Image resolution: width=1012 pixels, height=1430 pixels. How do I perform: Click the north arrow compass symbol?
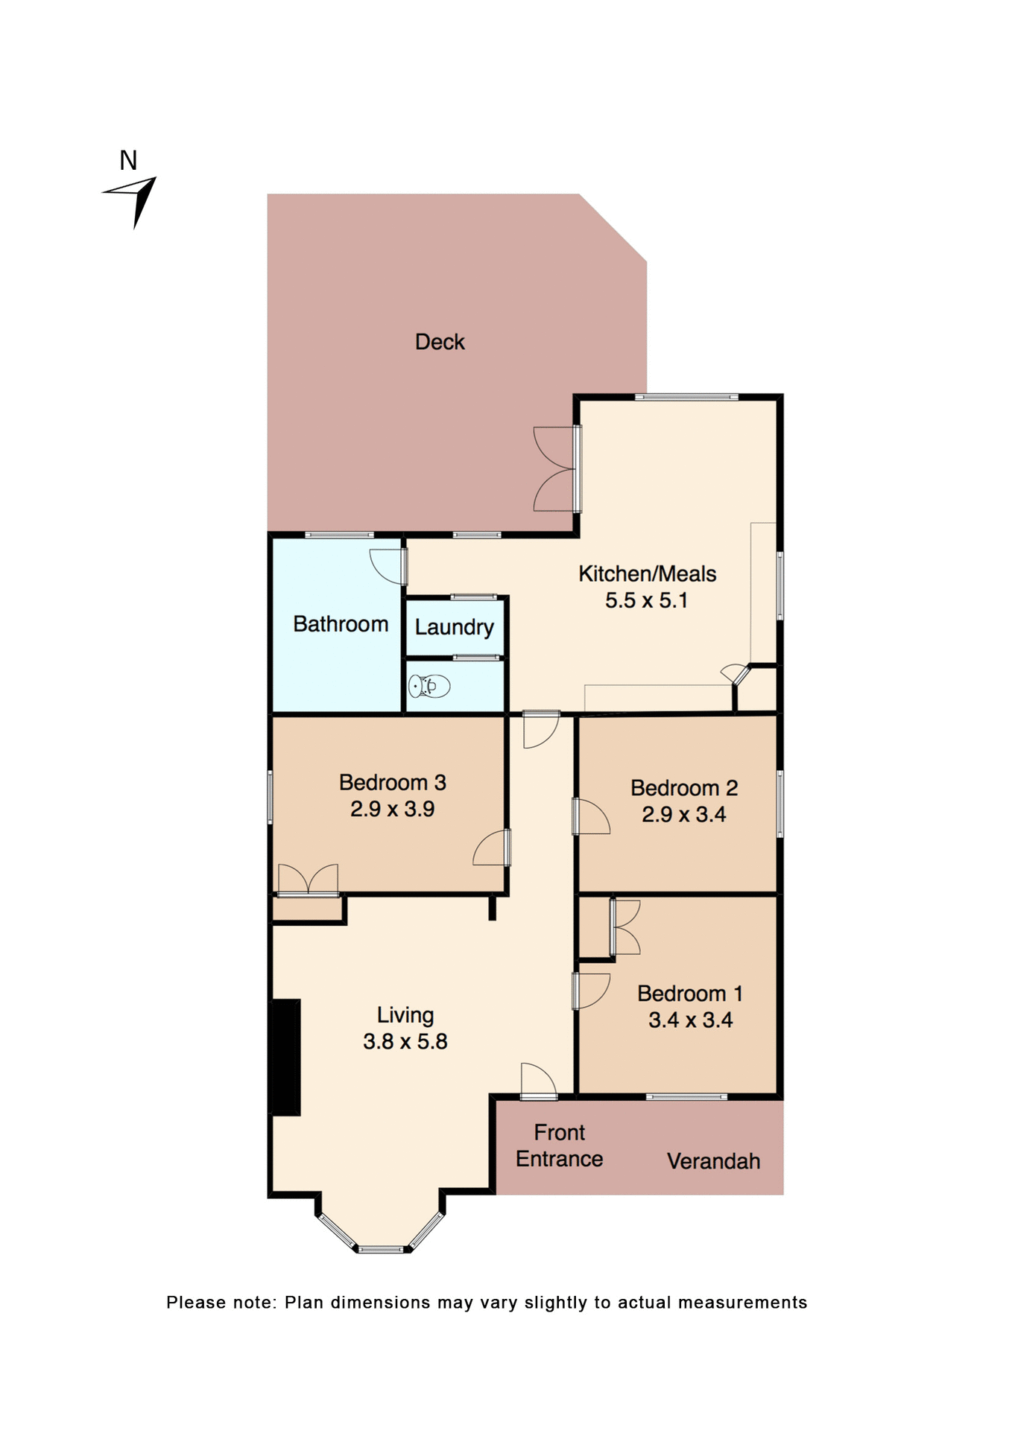[134, 200]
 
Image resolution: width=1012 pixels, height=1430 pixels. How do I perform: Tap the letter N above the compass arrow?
[128, 161]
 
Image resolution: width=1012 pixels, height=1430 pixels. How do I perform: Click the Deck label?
[440, 342]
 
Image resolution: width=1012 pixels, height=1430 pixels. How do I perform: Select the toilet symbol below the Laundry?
[430, 686]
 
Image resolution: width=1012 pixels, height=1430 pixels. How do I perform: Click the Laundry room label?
[454, 627]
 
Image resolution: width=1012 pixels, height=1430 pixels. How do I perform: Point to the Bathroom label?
[341, 624]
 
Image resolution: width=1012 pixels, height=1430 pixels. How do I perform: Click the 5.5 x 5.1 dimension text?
[646, 600]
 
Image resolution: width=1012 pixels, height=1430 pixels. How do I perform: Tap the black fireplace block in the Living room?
[285, 1057]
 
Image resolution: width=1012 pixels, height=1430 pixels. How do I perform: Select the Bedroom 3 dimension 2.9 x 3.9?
[392, 809]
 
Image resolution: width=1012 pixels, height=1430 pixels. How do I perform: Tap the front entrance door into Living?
[538, 1081]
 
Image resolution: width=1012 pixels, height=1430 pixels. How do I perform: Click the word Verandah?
[713, 1161]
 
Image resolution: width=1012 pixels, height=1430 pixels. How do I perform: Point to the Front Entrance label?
[559, 1145]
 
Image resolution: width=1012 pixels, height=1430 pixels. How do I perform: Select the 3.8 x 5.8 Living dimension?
[405, 1041]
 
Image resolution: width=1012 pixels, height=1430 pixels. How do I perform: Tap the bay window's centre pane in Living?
[381, 1249]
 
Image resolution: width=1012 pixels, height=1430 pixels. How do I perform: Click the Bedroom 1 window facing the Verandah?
[686, 1096]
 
